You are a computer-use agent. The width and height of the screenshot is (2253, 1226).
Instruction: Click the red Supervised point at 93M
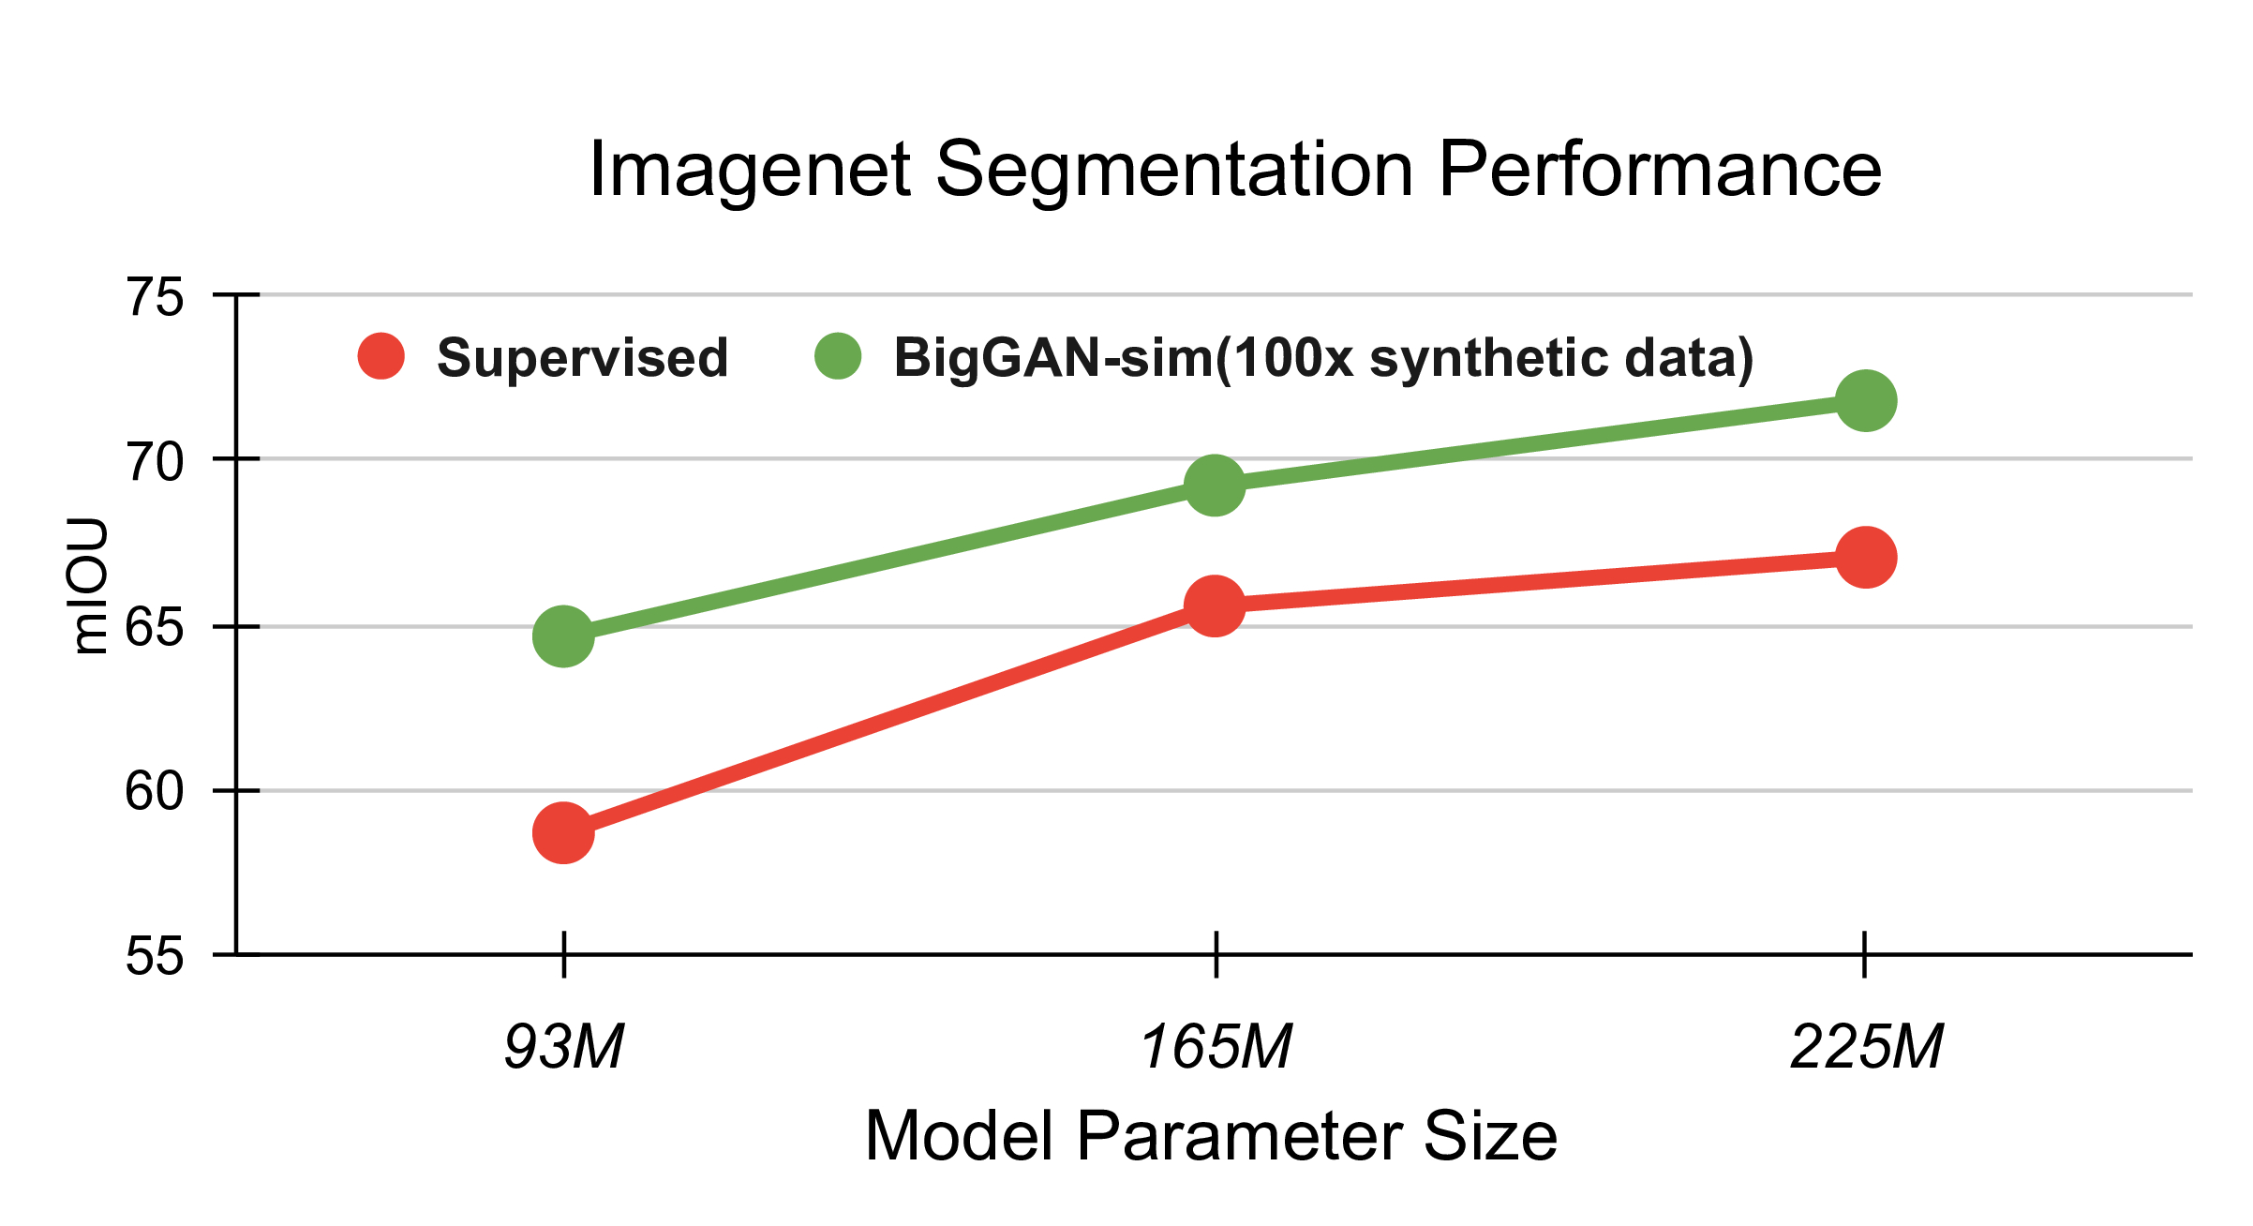coord(563,831)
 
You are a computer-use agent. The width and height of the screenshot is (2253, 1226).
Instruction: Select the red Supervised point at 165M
coord(1215,606)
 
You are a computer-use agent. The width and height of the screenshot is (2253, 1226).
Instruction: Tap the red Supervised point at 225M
coord(1866,557)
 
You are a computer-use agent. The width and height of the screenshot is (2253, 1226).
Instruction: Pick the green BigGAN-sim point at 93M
coord(563,635)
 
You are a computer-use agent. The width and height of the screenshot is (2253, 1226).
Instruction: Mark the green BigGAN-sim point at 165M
coord(1215,486)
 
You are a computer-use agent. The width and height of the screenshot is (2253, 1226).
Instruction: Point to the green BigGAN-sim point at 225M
coord(1866,400)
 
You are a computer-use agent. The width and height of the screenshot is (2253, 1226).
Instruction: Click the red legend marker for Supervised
coord(380,357)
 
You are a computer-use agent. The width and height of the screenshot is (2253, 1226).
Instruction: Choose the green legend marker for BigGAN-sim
coord(838,357)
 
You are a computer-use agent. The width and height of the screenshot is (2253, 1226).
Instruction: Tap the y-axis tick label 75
coord(155,298)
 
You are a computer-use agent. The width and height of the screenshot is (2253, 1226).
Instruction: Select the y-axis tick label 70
coord(155,462)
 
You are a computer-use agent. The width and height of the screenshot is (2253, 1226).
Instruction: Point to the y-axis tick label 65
coord(155,627)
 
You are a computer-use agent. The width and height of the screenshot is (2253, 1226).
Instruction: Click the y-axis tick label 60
coord(155,791)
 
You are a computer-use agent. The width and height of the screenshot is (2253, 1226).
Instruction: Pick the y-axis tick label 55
coord(155,956)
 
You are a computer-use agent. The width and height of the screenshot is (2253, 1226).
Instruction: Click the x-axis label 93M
coord(564,1046)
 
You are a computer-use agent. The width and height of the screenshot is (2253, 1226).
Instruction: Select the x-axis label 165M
coord(1216,1046)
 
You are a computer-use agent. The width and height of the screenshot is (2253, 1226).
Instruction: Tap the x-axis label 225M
coord(1866,1046)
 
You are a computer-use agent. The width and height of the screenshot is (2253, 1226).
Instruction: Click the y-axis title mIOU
coord(90,586)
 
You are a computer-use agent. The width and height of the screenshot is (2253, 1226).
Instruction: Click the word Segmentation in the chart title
coord(1174,172)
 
